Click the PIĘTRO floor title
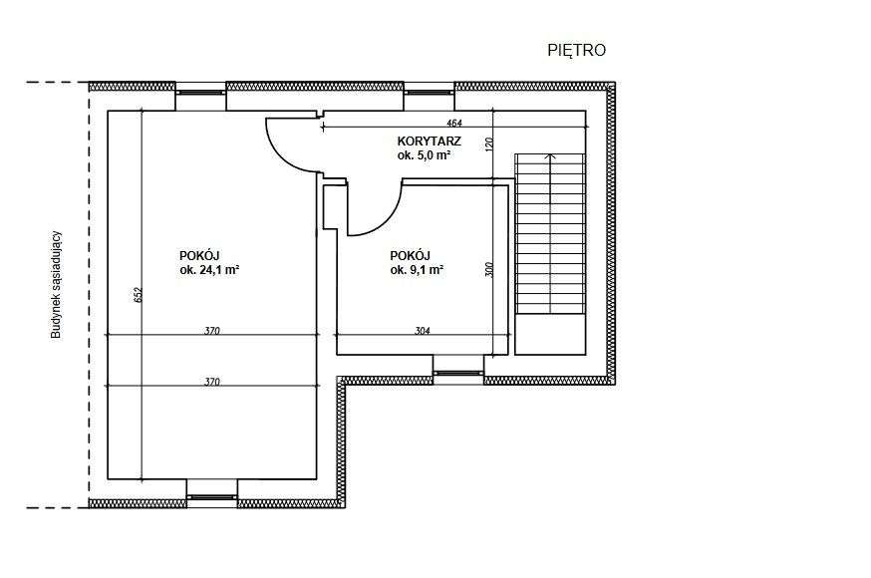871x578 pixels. (577, 50)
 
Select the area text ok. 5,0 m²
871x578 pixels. (424, 155)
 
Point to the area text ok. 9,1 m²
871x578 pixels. (417, 270)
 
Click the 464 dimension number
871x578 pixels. (453, 123)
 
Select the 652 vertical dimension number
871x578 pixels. (139, 294)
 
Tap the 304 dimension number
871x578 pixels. (423, 331)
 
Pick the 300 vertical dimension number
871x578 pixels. (489, 270)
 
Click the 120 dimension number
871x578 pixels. (489, 144)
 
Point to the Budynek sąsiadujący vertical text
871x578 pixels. (56, 285)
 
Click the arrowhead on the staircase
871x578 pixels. (550, 156)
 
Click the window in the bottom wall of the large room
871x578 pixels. (211, 497)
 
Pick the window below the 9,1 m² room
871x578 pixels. (458, 373)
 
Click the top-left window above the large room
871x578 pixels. (201, 92)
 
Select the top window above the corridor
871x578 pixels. (429, 92)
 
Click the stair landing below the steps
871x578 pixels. (550, 334)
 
